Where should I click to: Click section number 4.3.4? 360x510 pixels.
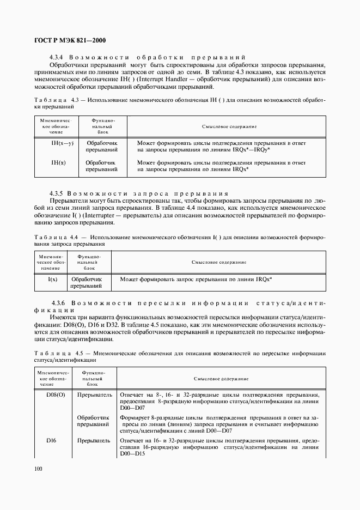click(x=57, y=57)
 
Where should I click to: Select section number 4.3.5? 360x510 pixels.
click(x=57, y=193)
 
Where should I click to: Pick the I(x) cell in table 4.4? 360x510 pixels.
click(x=53, y=278)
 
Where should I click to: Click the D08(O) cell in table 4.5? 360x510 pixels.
click(x=56, y=394)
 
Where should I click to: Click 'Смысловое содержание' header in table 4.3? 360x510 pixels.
click(x=229, y=126)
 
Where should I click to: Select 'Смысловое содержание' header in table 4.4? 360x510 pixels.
click(x=218, y=262)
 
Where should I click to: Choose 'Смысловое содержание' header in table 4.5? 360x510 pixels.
click(x=221, y=378)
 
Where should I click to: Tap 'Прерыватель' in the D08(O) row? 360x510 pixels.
click(x=95, y=394)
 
